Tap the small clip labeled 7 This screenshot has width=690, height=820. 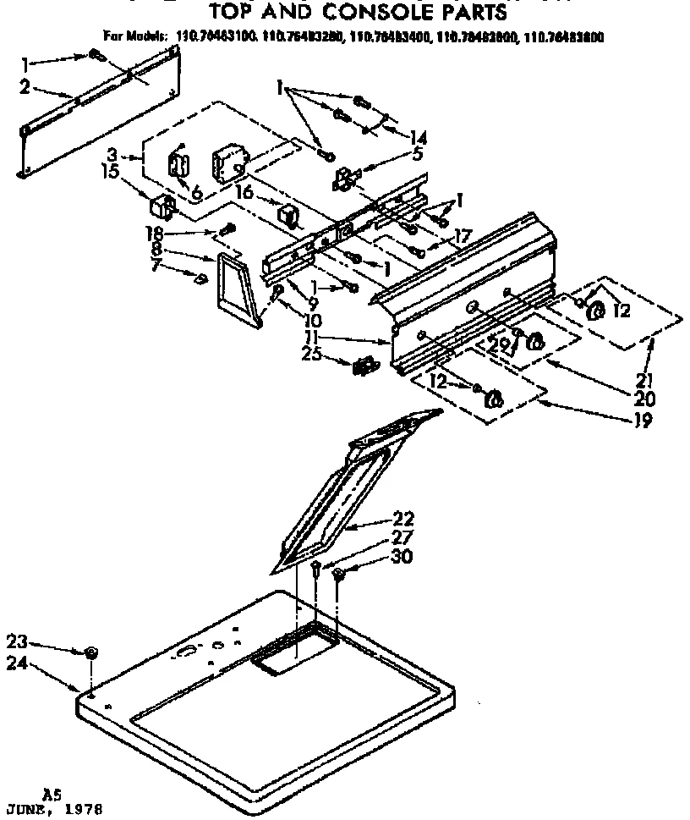(201, 279)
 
